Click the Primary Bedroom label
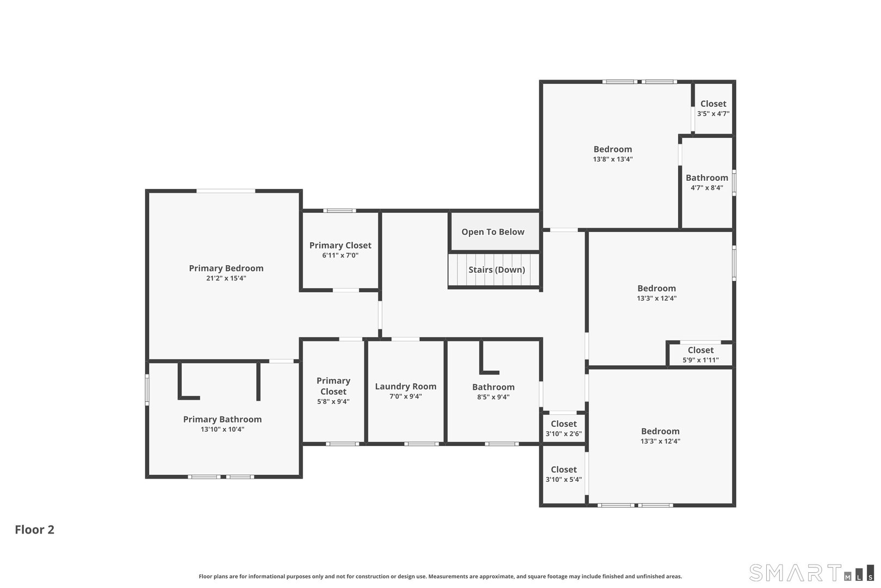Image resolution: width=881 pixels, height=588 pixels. [226, 268]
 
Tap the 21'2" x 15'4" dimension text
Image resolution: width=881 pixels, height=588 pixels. [226, 278]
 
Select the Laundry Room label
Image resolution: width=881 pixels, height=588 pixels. [405, 387]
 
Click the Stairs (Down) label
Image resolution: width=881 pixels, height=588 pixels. [497, 269]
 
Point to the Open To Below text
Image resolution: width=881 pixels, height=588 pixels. [493, 232]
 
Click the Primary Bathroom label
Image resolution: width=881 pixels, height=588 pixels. [222, 419]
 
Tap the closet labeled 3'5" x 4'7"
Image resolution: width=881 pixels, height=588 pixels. [713, 108]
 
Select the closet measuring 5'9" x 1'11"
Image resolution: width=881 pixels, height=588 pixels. [700, 355]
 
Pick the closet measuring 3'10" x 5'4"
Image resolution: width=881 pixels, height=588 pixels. [563, 474]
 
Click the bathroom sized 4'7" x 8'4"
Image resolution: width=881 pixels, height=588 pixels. [706, 182]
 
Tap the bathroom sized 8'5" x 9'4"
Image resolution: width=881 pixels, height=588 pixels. [493, 391]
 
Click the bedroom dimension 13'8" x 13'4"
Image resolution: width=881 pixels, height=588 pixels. [612, 160]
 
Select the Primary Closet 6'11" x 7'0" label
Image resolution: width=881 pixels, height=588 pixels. [340, 250]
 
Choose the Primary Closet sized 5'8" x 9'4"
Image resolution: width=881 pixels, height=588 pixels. [333, 391]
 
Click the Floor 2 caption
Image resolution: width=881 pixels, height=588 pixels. [34, 529]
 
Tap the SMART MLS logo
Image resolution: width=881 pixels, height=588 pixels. [811, 573]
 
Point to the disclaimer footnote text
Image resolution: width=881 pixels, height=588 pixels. [440, 576]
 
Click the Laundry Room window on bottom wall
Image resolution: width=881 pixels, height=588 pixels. [421, 444]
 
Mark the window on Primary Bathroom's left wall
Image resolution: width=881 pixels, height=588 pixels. [147, 389]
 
